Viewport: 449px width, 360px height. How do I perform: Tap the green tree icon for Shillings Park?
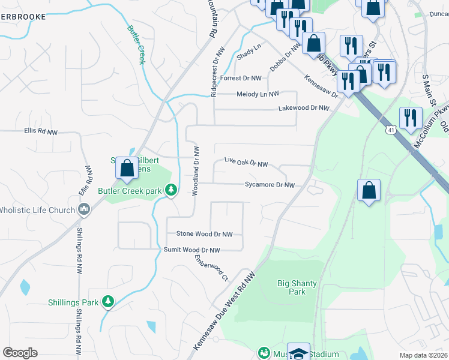tap(107, 301)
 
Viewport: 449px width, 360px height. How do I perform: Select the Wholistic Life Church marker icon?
tap(85, 209)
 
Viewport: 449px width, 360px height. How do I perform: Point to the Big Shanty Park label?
tap(292, 287)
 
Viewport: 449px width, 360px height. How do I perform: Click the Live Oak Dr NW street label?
tap(246, 162)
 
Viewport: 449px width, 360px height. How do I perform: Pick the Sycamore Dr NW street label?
tap(270, 185)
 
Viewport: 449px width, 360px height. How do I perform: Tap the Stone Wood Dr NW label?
tap(203, 234)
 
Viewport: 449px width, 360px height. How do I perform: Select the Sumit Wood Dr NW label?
tap(192, 250)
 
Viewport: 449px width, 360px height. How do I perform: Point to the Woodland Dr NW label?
tap(195, 170)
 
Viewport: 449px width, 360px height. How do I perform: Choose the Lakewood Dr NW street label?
tap(304, 108)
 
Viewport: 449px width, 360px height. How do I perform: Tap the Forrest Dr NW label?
tap(241, 79)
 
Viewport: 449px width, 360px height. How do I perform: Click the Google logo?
tap(20, 352)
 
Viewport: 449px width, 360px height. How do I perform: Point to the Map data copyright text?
tap(424, 355)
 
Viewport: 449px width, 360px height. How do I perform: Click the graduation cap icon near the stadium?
tap(298, 352)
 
